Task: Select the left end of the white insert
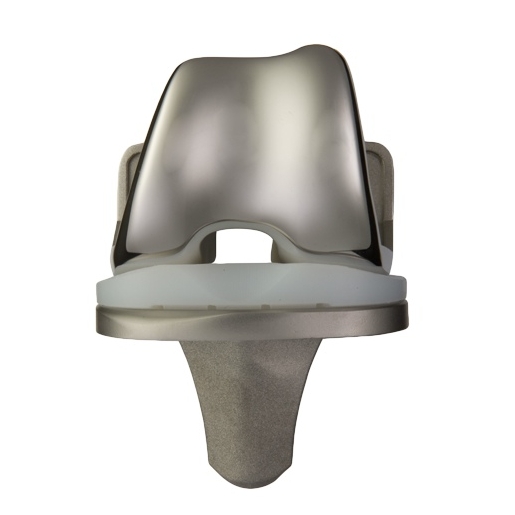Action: point(95,290)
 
